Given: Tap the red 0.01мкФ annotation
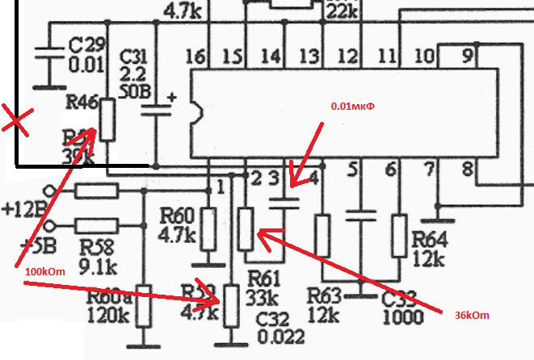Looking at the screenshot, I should click(x=355, y=106).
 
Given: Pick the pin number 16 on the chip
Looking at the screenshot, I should click(x=195, y=56).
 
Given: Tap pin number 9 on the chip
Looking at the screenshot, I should click(x=466, y=56).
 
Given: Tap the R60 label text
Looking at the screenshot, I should click(x=177, y=216).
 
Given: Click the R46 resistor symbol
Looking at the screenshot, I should click(x=106, y=121).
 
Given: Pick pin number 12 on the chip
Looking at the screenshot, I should click(x=347, y=56).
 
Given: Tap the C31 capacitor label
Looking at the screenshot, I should click(x=133, y=57).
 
